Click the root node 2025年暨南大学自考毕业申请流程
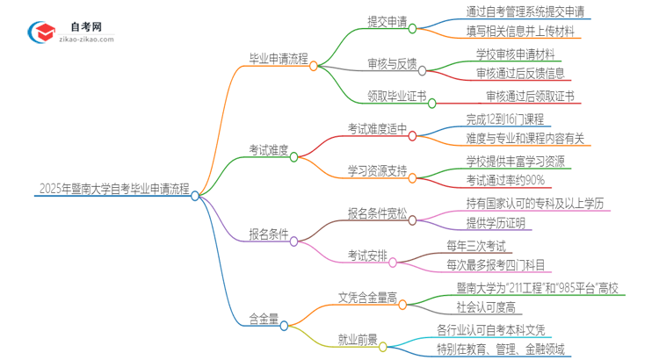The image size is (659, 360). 113,188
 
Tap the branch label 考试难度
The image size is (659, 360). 268,150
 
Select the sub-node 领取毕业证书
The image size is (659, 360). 397,96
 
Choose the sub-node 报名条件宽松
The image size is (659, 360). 377,212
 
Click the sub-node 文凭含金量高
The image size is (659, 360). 367,298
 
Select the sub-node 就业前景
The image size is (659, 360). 358,339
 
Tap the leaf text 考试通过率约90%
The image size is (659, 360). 505,180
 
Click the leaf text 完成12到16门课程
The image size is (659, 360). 504,119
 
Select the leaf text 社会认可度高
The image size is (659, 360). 488,307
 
